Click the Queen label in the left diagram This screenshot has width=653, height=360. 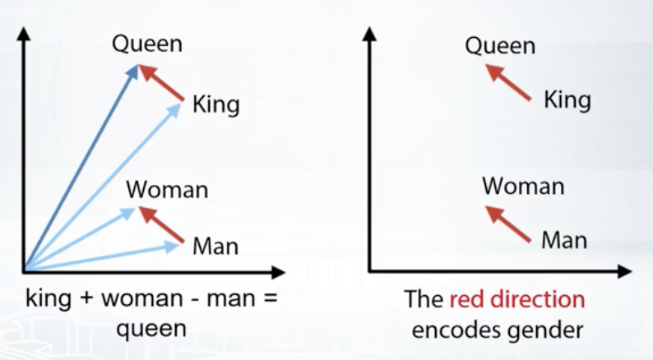pos(147,44)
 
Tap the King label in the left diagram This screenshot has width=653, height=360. pos(215,104)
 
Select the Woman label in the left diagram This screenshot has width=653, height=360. pos(167,189)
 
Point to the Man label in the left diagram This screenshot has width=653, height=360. pos(215,246)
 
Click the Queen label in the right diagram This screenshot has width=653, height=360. pos(500,46)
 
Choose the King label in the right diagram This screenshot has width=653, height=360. pos(567,100)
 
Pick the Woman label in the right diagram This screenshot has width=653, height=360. pos(523,186)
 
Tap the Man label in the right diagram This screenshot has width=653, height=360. pos(564,241)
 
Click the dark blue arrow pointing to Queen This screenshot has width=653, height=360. pos(81,168)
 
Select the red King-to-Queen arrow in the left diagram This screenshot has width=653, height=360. pos(160,82)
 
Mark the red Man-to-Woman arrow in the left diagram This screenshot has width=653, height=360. pos(160,224)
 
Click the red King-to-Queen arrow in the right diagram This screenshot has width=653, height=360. pos(508,82)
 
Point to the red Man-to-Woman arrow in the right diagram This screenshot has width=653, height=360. pos(508,224)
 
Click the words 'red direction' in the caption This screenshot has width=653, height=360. pos(517,299)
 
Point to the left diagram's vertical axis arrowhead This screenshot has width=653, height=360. pos(24,34)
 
